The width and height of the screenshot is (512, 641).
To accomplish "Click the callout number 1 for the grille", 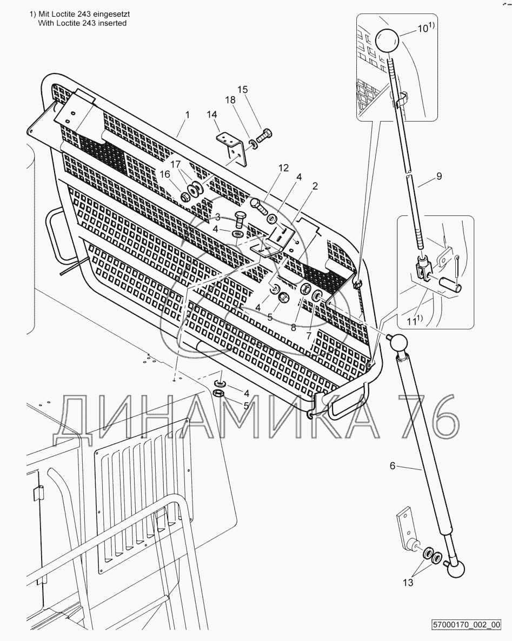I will coord(187,114).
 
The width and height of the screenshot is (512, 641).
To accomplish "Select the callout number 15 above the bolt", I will coord(243,89).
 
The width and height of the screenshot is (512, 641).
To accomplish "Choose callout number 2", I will coord(315,185).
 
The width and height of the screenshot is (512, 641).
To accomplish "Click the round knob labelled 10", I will coord(387,42).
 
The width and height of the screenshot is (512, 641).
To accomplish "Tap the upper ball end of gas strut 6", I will coord(400,343).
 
